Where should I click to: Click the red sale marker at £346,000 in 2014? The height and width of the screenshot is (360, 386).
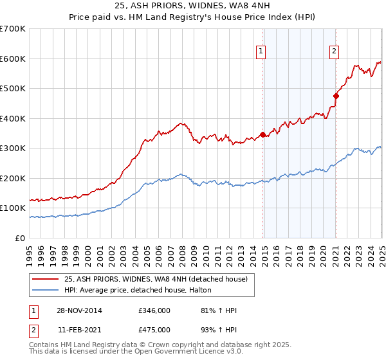click(262, 134)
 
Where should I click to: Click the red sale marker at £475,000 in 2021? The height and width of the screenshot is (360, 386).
click(336, 96)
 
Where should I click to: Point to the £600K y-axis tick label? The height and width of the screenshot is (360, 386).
click(12, 59)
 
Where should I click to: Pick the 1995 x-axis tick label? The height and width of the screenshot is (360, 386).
click(30, 251)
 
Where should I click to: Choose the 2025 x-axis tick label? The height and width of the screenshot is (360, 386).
click(381, 251)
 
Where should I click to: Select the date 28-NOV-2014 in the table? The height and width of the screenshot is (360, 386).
click(78, 310)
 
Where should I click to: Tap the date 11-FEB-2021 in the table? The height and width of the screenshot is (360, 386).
click(78, 330)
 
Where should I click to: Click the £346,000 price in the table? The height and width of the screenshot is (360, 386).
click(154, 310)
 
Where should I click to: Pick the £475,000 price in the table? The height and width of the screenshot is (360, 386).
click(154, 330)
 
